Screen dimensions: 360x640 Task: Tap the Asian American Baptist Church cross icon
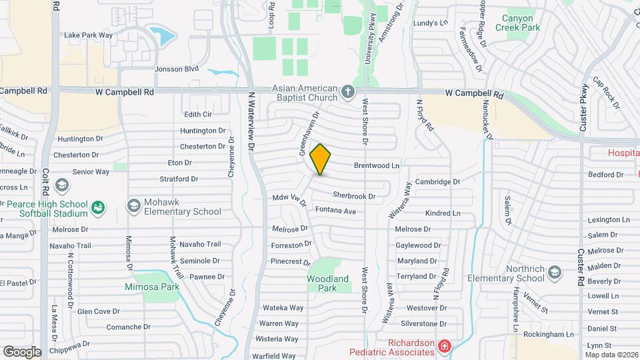347,91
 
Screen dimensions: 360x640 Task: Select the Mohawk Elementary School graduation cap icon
133,205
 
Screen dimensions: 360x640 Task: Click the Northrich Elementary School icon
555,271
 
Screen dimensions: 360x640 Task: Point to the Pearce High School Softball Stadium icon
98,207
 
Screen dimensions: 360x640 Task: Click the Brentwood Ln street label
376,165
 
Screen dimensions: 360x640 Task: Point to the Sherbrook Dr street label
354,197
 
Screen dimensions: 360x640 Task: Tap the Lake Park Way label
88,35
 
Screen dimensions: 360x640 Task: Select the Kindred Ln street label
443,213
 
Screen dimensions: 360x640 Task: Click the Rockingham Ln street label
549,334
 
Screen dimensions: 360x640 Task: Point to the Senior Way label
91,171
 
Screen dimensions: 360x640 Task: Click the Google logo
22,351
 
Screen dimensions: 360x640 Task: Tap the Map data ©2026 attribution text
611,355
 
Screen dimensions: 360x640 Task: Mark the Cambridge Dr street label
438,181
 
